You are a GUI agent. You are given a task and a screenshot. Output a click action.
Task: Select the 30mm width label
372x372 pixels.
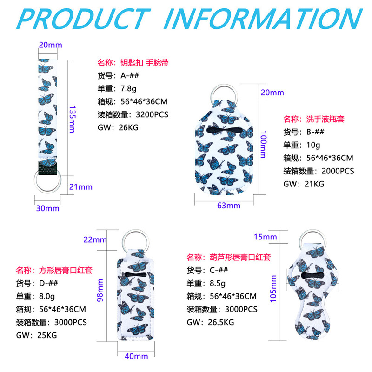coord(48,208)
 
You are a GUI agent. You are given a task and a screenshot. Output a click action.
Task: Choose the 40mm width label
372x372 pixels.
coord(137,356)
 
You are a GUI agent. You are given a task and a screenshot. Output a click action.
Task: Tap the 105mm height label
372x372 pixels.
coord(273,288)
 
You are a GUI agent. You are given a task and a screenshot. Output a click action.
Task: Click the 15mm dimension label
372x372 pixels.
coord(266,237)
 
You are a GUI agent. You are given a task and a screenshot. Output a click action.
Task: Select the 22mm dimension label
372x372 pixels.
coord(95,240)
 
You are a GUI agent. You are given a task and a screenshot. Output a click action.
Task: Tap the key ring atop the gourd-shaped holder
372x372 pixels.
coord(312,236)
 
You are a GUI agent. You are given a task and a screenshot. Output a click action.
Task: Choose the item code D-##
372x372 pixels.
coord(48,283)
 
